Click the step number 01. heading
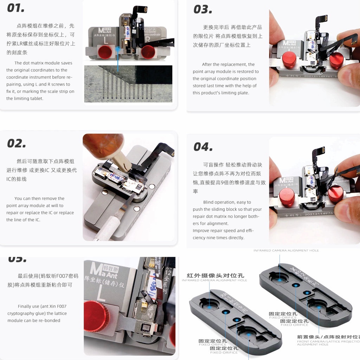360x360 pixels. click(x=16, y=8)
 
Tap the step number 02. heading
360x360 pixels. click(x=17, y=143)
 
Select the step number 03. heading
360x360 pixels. click(x=203, y=9)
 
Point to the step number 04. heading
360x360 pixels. click(x=203, y=146)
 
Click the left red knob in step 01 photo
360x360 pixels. click(x=105, y=52)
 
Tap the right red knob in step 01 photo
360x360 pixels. click(x=148, y=52)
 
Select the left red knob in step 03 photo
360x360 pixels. click(x=289, y=60)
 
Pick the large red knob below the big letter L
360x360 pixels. click(x=96, y=316)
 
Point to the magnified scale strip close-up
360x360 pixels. click(x=128, y=84)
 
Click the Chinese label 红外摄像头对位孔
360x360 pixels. click(x=216, y=275)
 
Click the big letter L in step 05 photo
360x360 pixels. click(x=101, y=294)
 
